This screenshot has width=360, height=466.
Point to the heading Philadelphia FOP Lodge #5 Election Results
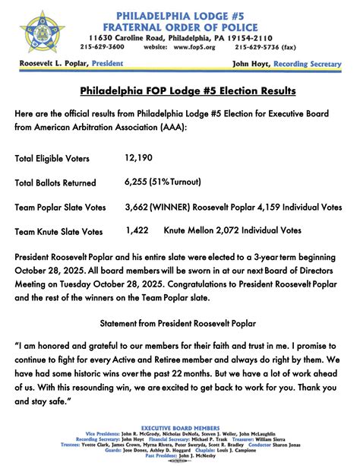pos(188,91)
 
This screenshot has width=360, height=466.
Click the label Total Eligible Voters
pos(52,159)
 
